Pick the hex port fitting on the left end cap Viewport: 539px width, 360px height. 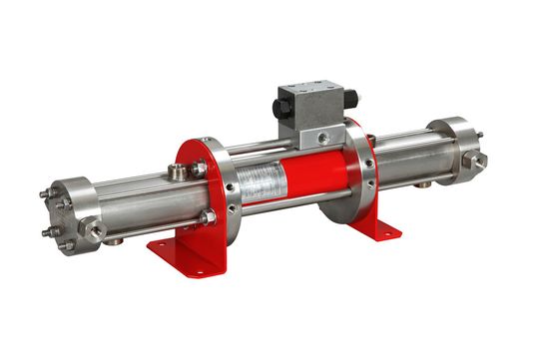(x=95, y=230)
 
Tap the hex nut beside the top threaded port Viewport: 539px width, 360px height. (x=199, y=171)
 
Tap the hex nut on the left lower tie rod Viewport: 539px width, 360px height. (x=208, y=218)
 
